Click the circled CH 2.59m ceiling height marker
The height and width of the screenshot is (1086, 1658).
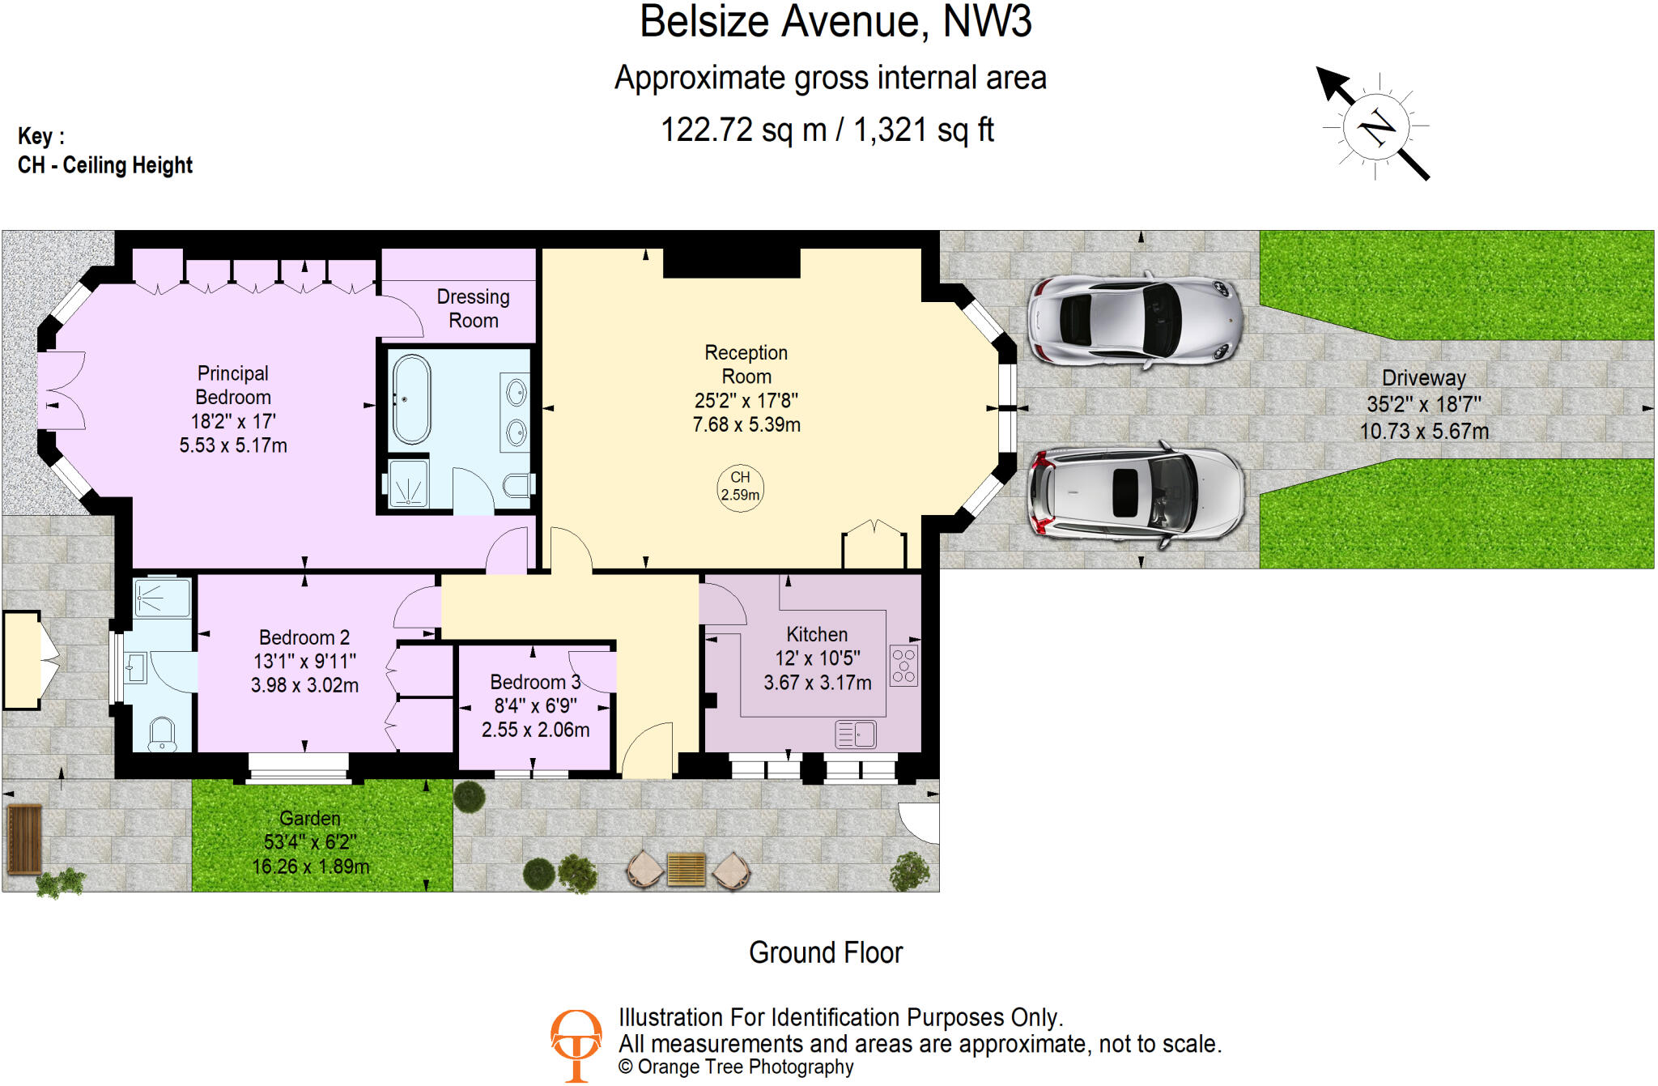pyautogui.click(x=740, y=487)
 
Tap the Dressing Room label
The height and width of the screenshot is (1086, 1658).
pyautogui.click(x=473, y=309)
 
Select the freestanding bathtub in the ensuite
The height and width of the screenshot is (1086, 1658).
pyautogui.click(x=411, y=399)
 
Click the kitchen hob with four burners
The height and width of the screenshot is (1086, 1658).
pyautogui.click(x=903, y=666)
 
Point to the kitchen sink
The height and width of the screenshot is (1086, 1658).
pyautogui.click(x=856, y=734)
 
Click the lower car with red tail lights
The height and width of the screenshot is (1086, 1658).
pyautogui.click(x=1134, y=494)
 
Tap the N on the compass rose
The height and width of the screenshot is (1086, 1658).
pyautogui.click(x=1376, y=126)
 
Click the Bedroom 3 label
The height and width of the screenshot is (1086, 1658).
pyautogui.click(x=535, y=682)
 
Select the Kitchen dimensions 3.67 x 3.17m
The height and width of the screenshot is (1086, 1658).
pyautogui.click(x=817, y=683)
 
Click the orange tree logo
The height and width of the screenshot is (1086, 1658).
pyautogui.click(x=576, y=1044)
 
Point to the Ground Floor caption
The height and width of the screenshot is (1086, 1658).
pyautogui.click(x=825, y=952)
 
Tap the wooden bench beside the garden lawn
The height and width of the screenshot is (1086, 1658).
pyautogui.click(x=24, y=839)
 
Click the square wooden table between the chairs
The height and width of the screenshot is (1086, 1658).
pyautogui.click(x=687, y=870)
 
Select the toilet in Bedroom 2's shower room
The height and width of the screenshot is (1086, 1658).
pyautogui.click(x=163, y=734)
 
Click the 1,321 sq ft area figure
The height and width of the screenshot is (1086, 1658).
pyautogui.click(x=923, y=130)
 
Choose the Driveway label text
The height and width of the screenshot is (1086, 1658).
pyautogui.click(x=1423, y=378)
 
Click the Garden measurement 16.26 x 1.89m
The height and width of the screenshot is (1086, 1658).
pyautogui.click(x=310, y=867)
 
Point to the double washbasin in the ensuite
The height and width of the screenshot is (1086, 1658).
pyautogui.click(x=516, y=413)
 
